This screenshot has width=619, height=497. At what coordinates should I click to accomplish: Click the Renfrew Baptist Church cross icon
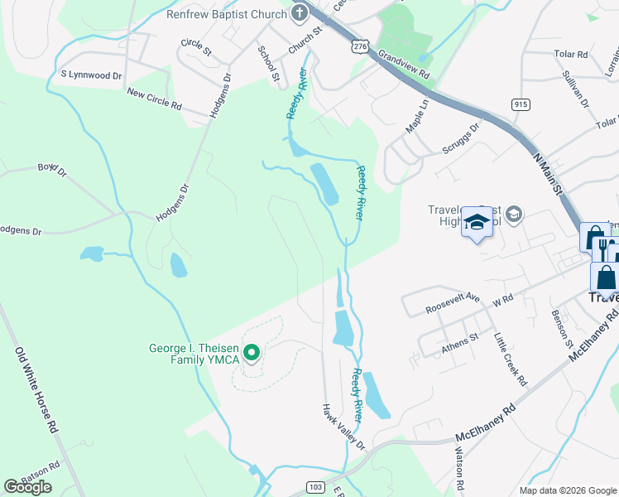299,12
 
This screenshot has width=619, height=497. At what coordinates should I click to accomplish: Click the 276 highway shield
359,47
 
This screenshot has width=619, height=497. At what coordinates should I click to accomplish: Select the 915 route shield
521,104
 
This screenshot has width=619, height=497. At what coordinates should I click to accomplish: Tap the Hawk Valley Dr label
343,427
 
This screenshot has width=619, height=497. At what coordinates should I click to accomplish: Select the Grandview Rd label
405,62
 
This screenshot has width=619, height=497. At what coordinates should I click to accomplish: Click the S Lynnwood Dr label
91,75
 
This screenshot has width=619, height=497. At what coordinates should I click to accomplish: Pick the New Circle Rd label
154,99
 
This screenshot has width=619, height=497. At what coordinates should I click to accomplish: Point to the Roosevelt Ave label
453,302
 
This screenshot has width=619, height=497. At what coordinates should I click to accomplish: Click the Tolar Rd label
571,54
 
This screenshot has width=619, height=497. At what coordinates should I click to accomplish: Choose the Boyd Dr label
51,171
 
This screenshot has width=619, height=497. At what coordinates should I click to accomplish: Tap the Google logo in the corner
27,487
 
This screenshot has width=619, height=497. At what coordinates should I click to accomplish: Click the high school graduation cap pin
477,222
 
